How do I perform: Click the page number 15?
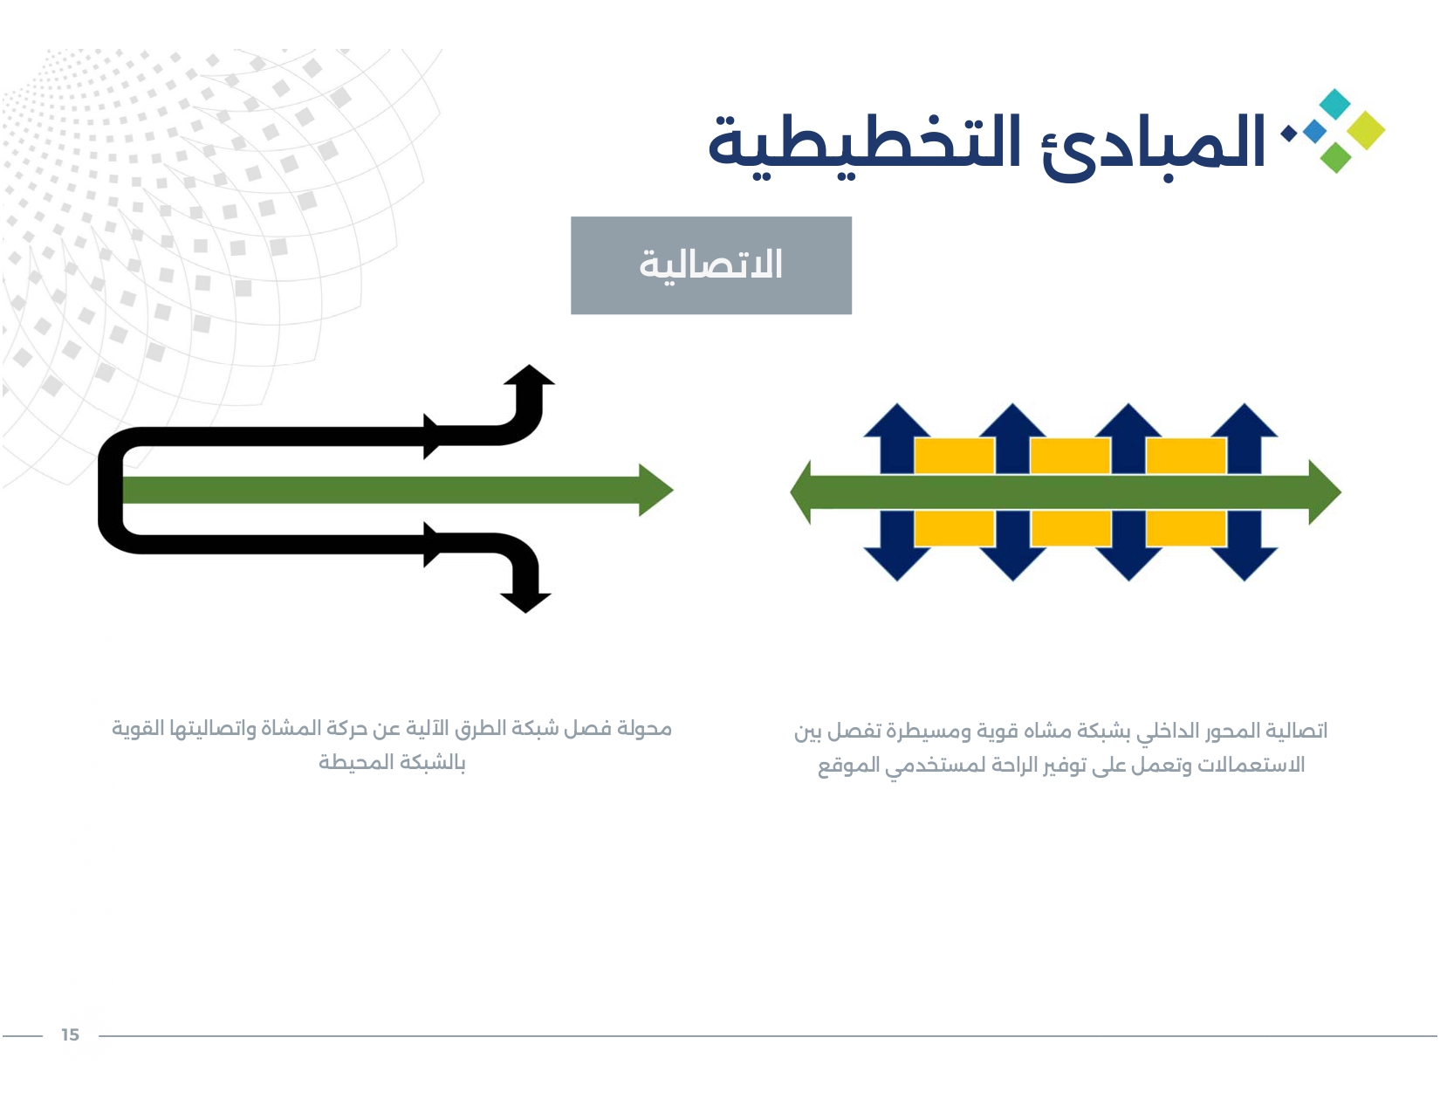point(70,1034)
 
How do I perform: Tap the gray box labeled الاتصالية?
point(711,265)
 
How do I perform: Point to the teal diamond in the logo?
point(1335,104)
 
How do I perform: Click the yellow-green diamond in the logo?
point(1367,131)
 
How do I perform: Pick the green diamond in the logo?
point(1336,158)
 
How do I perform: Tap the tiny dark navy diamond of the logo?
point(1287,134)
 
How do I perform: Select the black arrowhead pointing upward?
point(529,375)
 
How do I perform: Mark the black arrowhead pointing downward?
point(525,602)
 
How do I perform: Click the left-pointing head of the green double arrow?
point(800,491)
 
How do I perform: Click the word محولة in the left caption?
point(644,729)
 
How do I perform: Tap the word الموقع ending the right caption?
point(848,766)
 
